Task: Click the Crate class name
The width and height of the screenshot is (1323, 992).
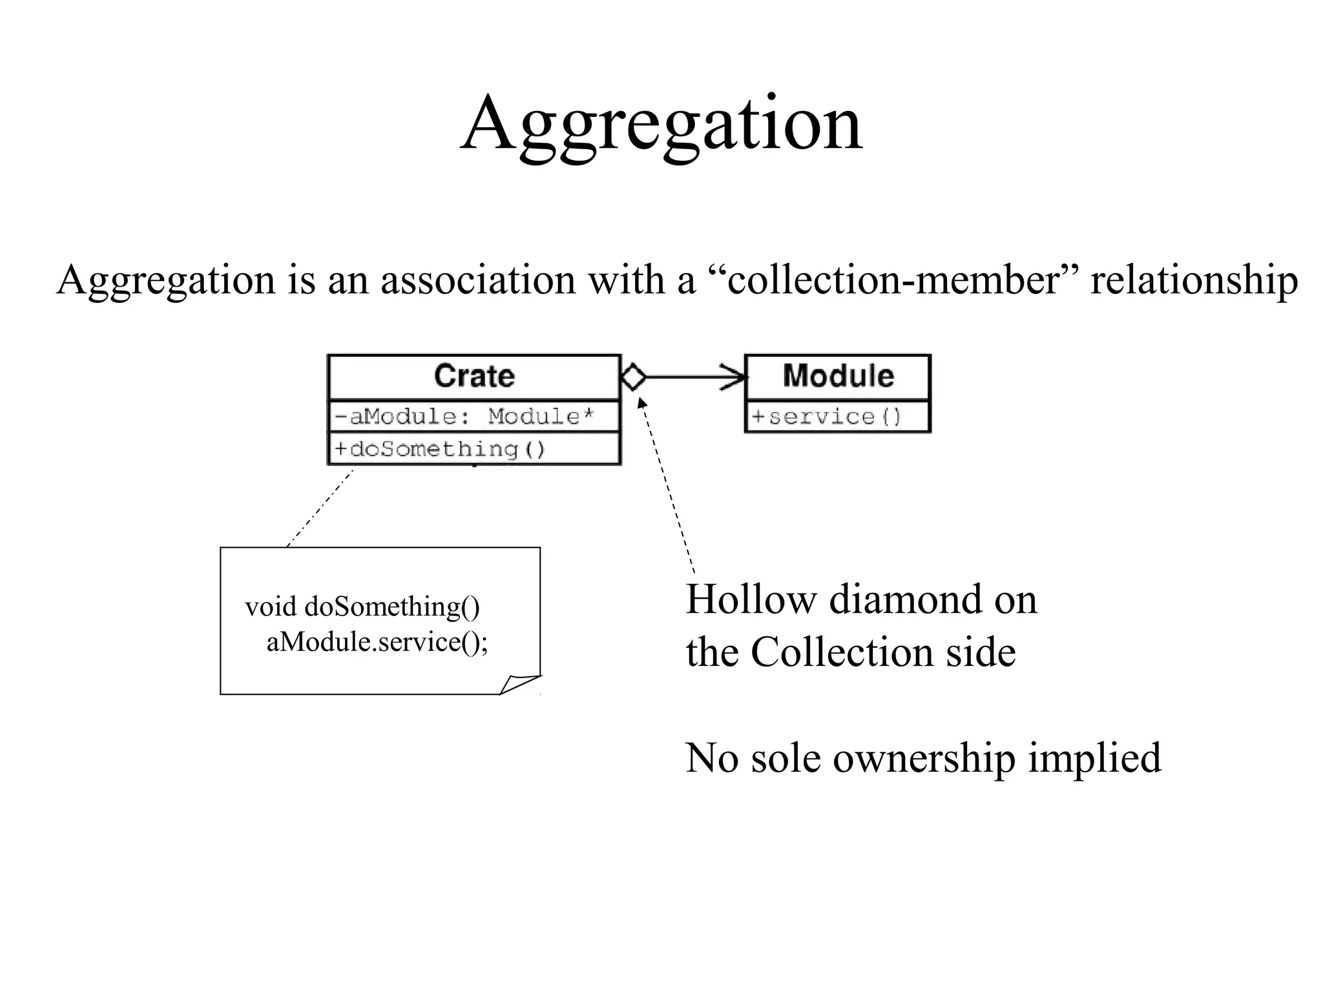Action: pos(474,376)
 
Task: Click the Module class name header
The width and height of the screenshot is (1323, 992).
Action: pos(838,376)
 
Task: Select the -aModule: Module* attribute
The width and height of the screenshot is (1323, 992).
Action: pos(464,417)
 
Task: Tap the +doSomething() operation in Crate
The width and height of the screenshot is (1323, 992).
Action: pos(440,449)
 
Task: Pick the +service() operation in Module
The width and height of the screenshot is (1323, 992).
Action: pos(826,417)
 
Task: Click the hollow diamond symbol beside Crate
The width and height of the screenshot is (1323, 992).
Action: pos(633,377)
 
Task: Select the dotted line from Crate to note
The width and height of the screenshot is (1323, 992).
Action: pos(320,508)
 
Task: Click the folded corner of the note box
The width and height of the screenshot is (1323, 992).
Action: pos(520,685)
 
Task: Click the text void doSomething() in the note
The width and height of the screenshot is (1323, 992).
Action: pos(362,607)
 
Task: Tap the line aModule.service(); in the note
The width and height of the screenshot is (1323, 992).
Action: pos(377,642)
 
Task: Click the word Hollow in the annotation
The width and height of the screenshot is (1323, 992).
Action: pos(751,599)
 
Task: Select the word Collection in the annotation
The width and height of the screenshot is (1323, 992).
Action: pos(842,652)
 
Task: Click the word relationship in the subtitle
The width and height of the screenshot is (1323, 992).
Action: pos(1194,280)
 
